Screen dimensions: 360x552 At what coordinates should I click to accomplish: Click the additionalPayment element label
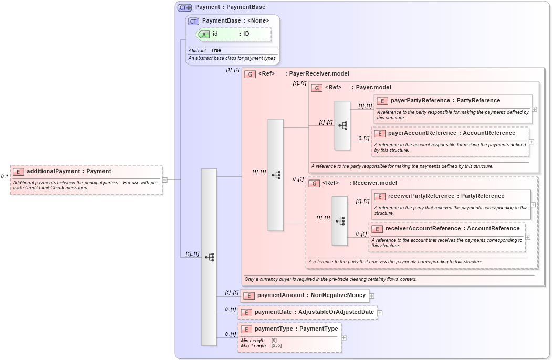69,171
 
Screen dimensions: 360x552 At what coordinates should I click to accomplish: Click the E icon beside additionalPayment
18,171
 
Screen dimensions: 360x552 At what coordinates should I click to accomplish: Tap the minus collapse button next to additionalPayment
164,179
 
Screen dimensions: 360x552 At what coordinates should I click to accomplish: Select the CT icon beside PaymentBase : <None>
194,21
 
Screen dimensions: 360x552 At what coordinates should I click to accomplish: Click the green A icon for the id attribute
204,34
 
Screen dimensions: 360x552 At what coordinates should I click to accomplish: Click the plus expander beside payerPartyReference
534,109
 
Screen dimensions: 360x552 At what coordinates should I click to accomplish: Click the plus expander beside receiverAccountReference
528,237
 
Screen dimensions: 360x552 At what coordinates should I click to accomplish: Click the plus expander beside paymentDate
380,313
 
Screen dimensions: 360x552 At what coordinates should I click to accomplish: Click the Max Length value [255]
276,346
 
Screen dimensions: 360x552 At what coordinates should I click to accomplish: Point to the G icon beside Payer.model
316,88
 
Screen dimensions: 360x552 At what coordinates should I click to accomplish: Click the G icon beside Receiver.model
314,183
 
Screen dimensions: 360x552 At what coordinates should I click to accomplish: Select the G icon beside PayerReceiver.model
250,74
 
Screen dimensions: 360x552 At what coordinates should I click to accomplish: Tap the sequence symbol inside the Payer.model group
342,125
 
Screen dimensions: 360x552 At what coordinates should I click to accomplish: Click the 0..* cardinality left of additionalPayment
4,177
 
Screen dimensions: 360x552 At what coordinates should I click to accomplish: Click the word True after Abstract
216,51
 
